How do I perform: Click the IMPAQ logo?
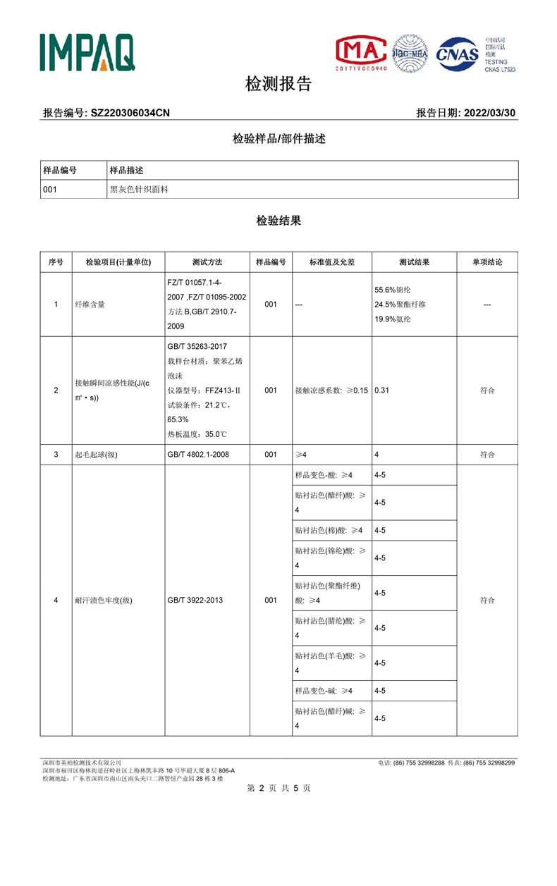[87, 52]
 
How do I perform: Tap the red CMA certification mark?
[361, 53]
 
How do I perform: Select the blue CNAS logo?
[458, 54]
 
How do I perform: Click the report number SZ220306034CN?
[130, 113]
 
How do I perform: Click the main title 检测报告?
[278, 85]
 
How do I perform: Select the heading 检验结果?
[278, 221]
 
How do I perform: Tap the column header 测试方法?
[207, 262]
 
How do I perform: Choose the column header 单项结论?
[487, 262]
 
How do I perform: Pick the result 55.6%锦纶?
[396, 290]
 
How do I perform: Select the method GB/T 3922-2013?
[195, 600]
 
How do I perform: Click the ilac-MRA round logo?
[410, 53]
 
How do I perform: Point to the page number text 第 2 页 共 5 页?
[278, 788]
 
